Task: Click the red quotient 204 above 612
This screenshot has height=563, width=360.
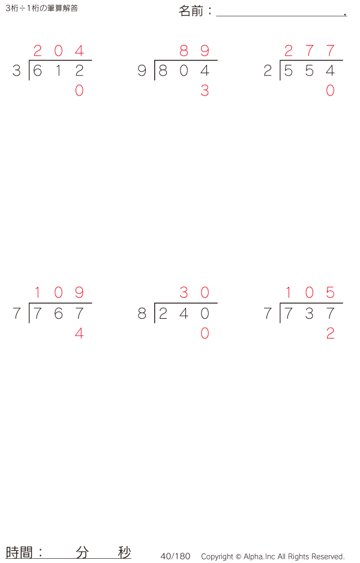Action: (x=59, y=50)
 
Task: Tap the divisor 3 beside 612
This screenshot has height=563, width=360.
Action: (x=17, y=71)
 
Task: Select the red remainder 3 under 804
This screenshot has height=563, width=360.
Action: (x=205, y=91)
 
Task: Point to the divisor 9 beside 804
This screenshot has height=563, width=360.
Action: (x=142, y=71)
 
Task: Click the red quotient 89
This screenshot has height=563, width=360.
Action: (x=194, y=50)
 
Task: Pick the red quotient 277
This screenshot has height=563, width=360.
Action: (x=310, y=50)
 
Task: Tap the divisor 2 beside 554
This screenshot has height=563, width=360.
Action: (x=268, y=71)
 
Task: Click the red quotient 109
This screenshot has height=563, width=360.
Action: (x=59, y=292)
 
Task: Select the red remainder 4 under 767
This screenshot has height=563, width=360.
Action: (x=79, y=334)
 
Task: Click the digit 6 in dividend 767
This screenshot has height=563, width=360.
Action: (x=59, y=313)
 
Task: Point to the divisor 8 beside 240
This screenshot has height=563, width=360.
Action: (x=142, y=313)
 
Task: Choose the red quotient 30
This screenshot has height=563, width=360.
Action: (x=194, y=292)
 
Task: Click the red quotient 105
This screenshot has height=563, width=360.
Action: (x=310, y=292)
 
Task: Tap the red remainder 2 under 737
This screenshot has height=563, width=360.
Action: (x=330, y=334)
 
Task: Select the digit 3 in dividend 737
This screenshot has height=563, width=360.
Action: (x=310, y=313)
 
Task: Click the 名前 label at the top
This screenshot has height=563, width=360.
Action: (x=191, y=11)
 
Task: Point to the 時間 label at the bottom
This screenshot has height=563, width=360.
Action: (x=19, y=552)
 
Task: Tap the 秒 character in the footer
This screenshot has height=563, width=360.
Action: (x=125, y=552)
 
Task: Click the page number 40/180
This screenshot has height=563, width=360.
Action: (x=175, y=556)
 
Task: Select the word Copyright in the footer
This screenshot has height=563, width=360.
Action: (x=217, y=556)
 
